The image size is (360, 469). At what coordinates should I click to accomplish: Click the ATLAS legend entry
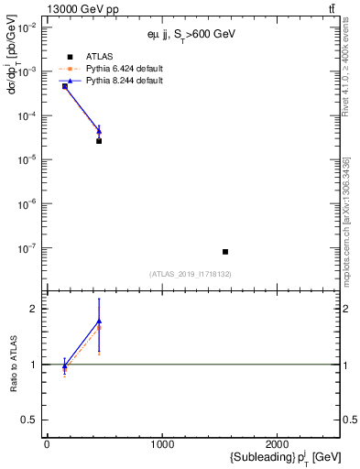coord(100,56)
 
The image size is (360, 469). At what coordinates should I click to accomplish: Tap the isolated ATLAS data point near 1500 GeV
coord(225,252)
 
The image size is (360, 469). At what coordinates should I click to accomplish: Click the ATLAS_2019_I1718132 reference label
coord(191,273)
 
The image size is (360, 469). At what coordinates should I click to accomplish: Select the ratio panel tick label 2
coord(33,309)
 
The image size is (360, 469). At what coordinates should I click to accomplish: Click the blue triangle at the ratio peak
coord(99,321)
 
